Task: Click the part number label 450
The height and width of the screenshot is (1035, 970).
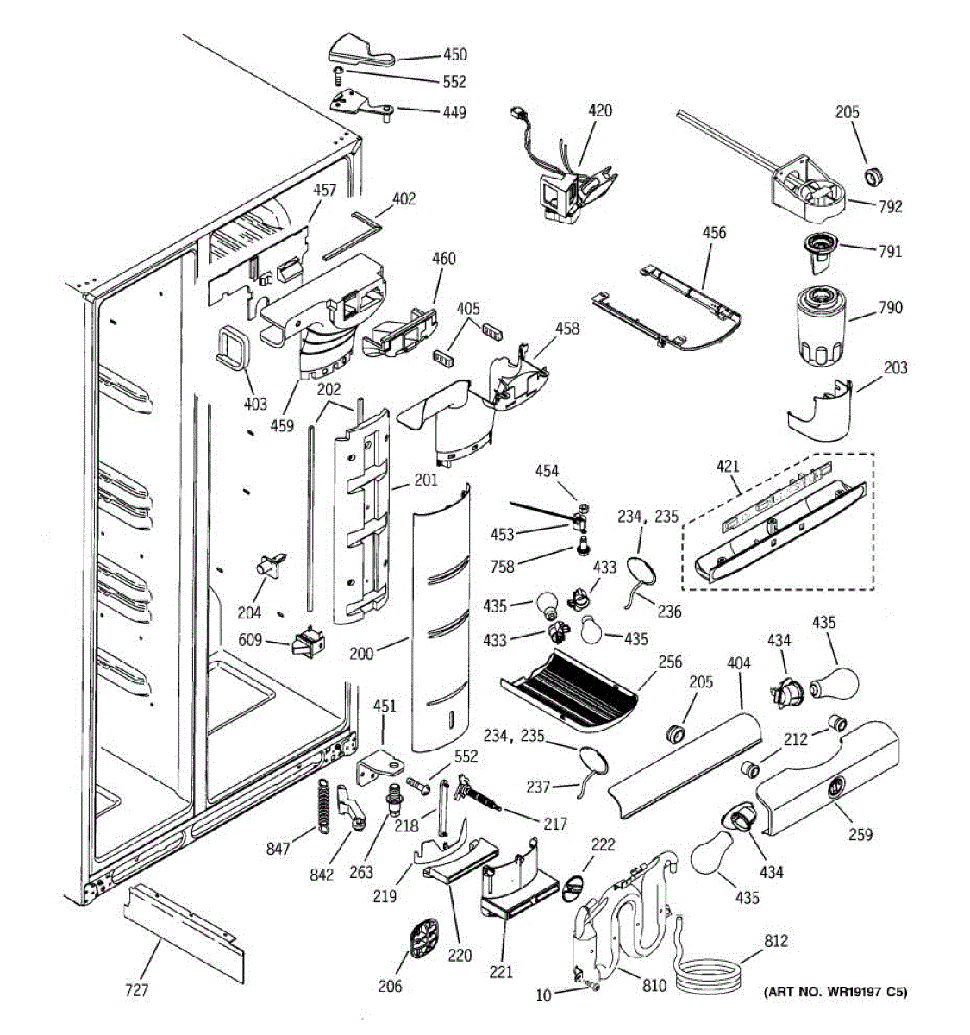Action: point(454,54)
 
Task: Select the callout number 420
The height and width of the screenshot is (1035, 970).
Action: point(600,110)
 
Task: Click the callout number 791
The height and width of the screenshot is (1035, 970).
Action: point(891,251)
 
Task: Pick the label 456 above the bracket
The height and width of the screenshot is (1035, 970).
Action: point(714,232)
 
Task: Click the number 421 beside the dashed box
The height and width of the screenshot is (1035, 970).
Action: point(728,467)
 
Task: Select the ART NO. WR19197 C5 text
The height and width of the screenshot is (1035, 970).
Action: point(835,992)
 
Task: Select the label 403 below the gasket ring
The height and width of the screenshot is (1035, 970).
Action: point(255,403)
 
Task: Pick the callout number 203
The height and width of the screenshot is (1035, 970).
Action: point(895,367)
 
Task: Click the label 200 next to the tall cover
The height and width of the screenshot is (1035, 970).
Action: point(361,653)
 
